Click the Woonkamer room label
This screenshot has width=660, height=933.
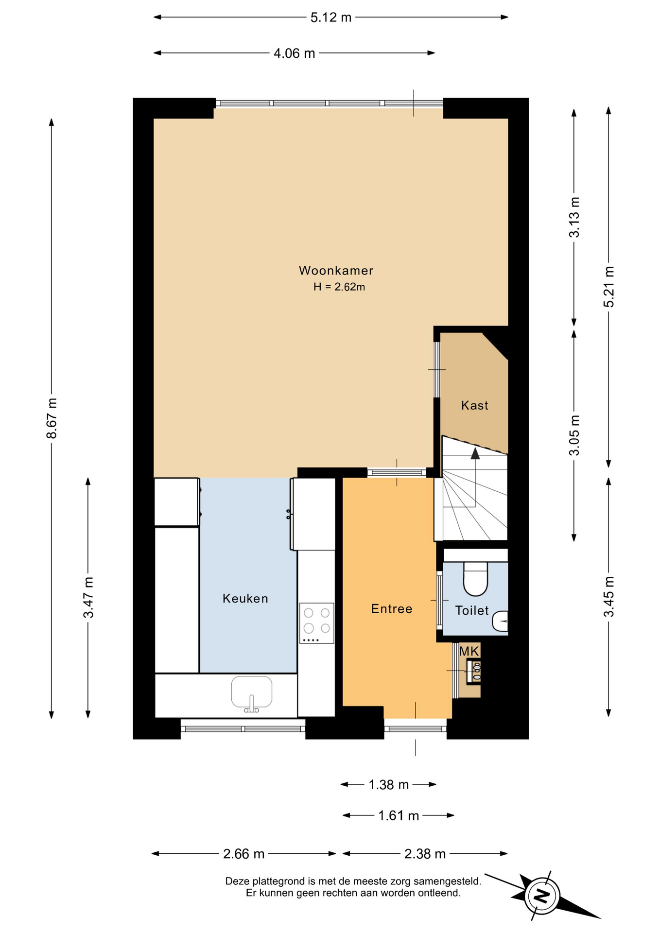tap(336, 271)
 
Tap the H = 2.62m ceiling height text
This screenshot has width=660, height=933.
tap(339, 287)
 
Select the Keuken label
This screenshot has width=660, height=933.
tap(245, 598)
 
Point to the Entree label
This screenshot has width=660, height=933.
tap(392, 609)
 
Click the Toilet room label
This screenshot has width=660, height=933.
tap(472, 610)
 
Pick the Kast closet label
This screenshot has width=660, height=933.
tap(475, 405)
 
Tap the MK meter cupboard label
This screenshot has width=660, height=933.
tap(469, 651)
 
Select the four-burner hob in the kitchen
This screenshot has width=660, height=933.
tap(317, 623)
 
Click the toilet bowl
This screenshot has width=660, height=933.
tap(475, 579)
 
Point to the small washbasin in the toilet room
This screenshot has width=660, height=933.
tap(501, 621)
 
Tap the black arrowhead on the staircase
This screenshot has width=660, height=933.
tap(475, 453)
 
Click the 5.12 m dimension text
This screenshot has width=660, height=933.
tap(331, 17)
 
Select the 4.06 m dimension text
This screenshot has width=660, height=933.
tap(295, 53)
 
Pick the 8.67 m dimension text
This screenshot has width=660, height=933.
tap(52, 418)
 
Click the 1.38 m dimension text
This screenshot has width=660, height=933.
tap(389, 785)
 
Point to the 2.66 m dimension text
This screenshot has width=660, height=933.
tap(244, 854)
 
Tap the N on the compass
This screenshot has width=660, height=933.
tap(541, 895)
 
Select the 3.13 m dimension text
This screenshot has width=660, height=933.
tap(574, 217)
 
